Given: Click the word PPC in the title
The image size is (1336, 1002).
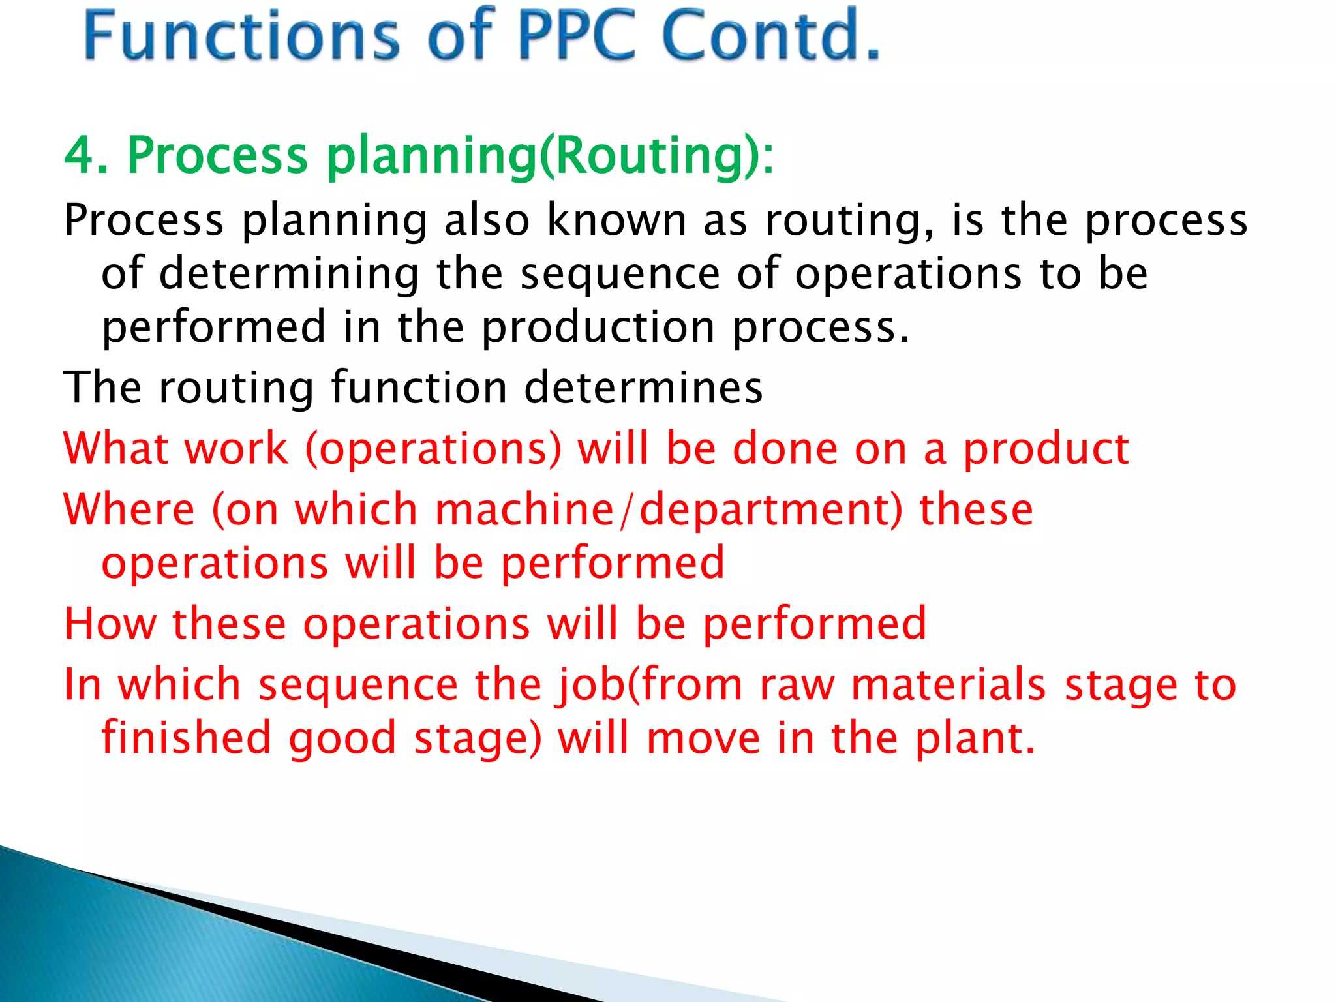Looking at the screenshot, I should tap(576, 35).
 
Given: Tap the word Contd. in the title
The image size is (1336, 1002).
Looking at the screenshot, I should tap(770, 35).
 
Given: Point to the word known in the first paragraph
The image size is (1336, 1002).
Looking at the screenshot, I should tap(616, 220).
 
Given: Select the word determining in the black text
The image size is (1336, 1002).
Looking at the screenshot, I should tap(289, 274).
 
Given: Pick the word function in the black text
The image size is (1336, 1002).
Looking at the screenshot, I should tap(419, 387).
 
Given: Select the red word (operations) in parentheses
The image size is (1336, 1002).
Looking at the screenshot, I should tap(433, 450).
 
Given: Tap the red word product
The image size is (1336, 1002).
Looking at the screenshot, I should tap(1046, 450).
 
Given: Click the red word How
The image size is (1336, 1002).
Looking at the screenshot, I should tap(110, 624).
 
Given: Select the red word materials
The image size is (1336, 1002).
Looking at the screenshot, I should tap(949, 686).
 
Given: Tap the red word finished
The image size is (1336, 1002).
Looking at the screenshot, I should tap(186, 738).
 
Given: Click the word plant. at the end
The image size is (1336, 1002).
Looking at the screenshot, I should tap(975, 739).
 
